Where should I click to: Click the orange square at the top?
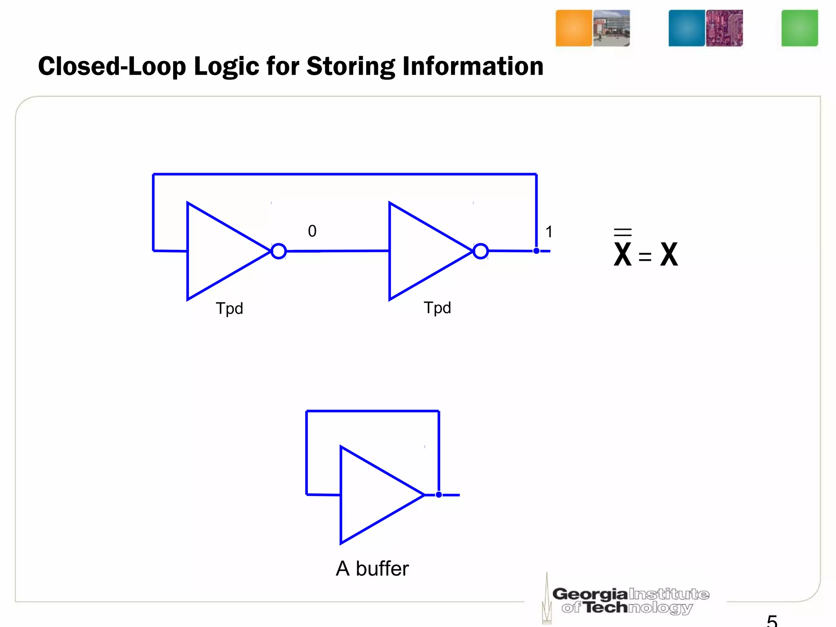pyautogui.click(x=574, y=28)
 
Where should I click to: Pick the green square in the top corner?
pyautogui.click(x=799, y=28)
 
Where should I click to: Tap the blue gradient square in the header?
pyautogui.click(x=687, y=28)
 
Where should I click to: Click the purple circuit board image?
pyautogui.click(x=724, y=28)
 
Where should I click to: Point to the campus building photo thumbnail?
pyautogui.click(x=611, y=28)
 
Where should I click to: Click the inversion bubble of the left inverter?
pyautogui.click(x=279, y=251)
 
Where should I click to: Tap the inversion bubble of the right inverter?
pyautogui.click(x=481, y=251)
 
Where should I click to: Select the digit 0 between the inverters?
pyautogui.click(x=312, y=231)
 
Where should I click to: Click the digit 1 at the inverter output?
pyautogui.click(x=549, y=232)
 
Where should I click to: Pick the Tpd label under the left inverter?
pyautogui.click(x=229, y=309)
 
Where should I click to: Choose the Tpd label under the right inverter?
pyautogui.click(x=437, y=308)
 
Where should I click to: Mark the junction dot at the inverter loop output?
pyautogui.click(x=536, y=251)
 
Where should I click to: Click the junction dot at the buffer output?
pyautogui.click(x=439, y=495)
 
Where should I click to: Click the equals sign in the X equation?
pyautogui.click(x=645, y=257)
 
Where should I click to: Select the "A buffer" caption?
pyautogui.click(x=372, y=569)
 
